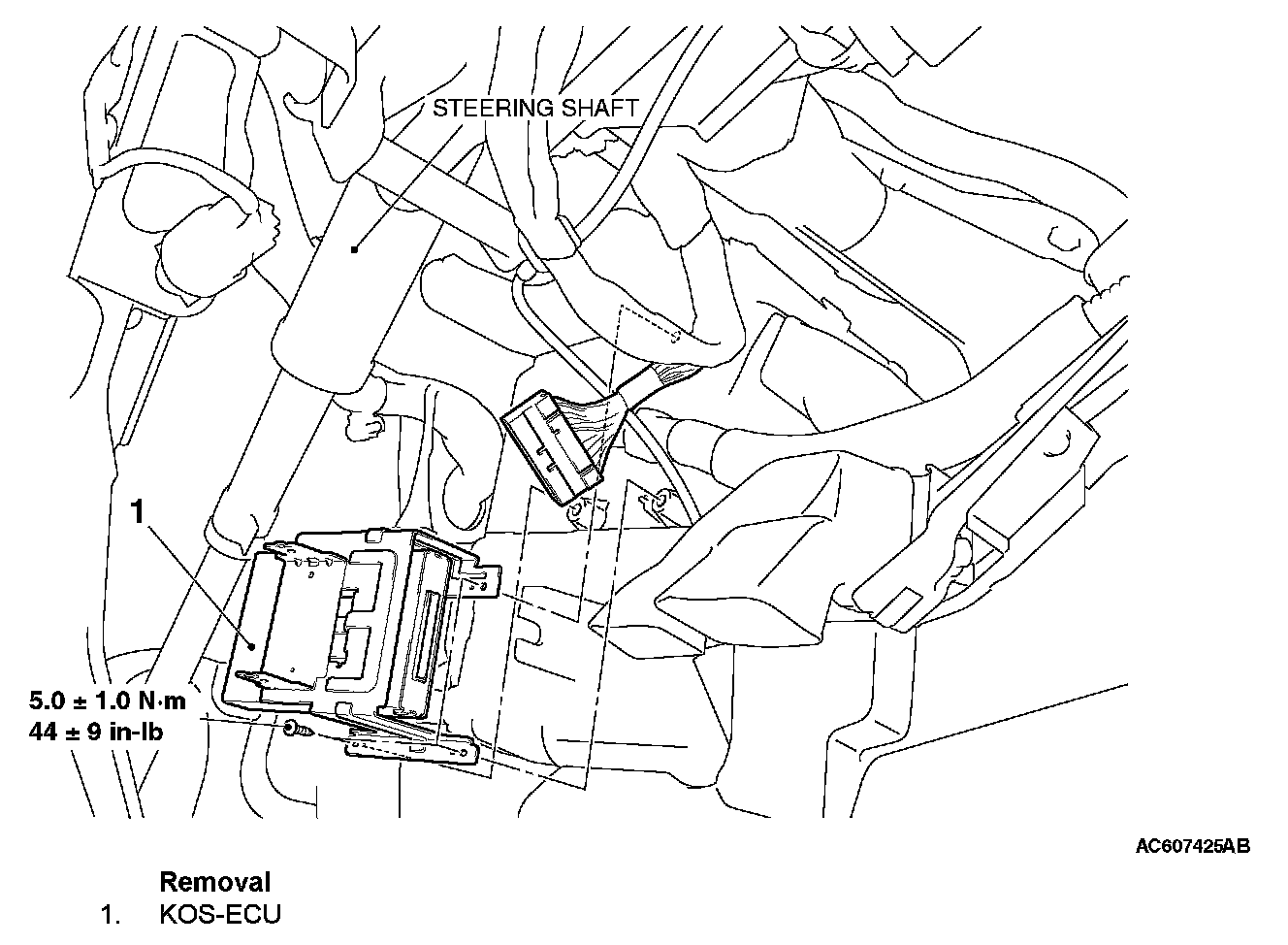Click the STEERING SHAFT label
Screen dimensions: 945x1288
[x=535, y=108]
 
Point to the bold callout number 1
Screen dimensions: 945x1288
[x=140, y=511]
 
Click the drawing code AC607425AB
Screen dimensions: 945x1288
[x=1193, y=846]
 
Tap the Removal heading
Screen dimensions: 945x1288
[x=214, y=882]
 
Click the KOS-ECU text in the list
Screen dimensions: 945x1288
[x=220, y=915]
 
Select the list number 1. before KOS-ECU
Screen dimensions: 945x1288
[x=112, y=915]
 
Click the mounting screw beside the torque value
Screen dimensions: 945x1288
[x=293, y=730]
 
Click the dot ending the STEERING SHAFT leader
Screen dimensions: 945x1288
[x=356, y=249]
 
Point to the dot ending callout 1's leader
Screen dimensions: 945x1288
[x=250, y=644]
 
